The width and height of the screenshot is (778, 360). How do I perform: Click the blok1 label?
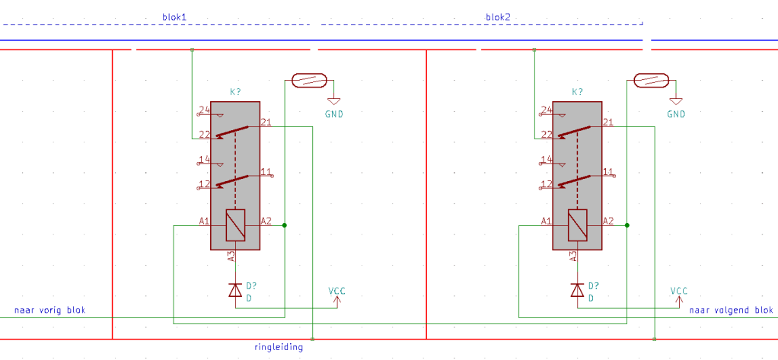tap(174, 16)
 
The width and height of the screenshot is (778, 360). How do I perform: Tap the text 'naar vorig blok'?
tap(50, 311)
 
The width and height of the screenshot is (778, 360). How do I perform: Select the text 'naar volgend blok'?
tap(731, 311)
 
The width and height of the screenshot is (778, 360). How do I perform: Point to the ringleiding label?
tap(279, 347)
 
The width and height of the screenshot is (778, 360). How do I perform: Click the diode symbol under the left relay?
tap(235, 290)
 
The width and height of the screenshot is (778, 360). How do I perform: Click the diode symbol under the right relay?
tap(578, 290)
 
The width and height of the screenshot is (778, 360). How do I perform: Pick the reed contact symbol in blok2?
tap(651, 80)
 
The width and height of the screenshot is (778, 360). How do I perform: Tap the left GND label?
tap(333, 114)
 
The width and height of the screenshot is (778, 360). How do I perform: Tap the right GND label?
tap(676, 114)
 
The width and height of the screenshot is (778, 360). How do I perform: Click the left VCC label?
tap(338, 291)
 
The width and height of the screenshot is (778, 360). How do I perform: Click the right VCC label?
tap(679, 291)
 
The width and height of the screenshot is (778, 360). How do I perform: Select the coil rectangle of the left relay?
tap(235, 225)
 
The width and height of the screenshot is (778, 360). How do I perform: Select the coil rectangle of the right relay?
tap(578, 225)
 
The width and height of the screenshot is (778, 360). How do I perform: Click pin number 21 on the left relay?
tap(266, 122)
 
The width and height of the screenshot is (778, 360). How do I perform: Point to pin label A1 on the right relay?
tap(547, 221)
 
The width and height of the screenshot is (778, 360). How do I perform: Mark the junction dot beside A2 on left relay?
tap(285, 225)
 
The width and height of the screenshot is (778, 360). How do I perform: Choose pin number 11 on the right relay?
tap(607, 171)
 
